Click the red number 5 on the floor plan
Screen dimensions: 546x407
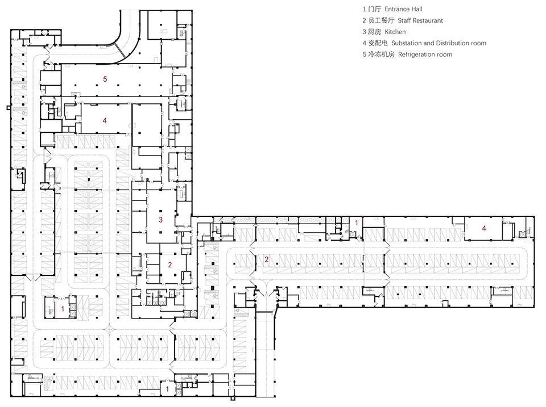(x=105, y=79)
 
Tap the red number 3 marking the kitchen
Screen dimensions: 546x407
(x=160, y=220)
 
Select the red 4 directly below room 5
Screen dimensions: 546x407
(x=105, y=120)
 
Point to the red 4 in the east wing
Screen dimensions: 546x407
(x=483, y=228)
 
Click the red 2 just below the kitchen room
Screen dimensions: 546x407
(x=170, y=265)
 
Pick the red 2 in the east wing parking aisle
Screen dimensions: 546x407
(x=267, y=259)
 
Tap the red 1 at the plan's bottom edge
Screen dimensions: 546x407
(x=167, y=389)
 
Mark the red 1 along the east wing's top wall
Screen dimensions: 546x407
(x=356, y=223)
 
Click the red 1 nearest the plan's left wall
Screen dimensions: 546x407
(x=63, y=309)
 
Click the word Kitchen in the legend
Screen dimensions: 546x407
(x=395, y=32)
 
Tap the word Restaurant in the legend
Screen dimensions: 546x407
(x=428, y=21)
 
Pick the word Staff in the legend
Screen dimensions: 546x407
(x=404, y=21)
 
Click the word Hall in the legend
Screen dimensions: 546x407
(x=417, y=10)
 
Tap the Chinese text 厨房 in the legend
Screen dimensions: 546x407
(x=375, y=32)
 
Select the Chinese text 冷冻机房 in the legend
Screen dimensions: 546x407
(x=382, y=54)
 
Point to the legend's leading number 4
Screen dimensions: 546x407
(x=364, y=43)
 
